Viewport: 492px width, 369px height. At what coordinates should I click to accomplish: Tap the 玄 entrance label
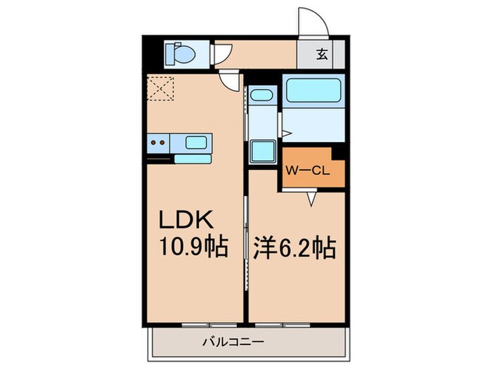pyautogui.click(x=321, y=54)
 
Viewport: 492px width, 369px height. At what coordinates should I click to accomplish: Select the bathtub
pyautogui.click(x=313, y=91)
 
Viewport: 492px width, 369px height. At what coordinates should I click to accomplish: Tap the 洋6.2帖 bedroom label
pyautogui.click(x=294, y=247)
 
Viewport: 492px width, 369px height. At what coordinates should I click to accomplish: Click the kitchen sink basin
pyautogui.click(x=196, y=143)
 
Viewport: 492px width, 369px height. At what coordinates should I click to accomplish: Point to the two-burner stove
pyautogui.click(x=159, y=143)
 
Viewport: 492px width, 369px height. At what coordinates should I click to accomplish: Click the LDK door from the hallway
pyautogui.click(x=229, y=79)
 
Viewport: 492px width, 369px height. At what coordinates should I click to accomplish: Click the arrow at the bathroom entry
pyautogui.click(x=285, y=133)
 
